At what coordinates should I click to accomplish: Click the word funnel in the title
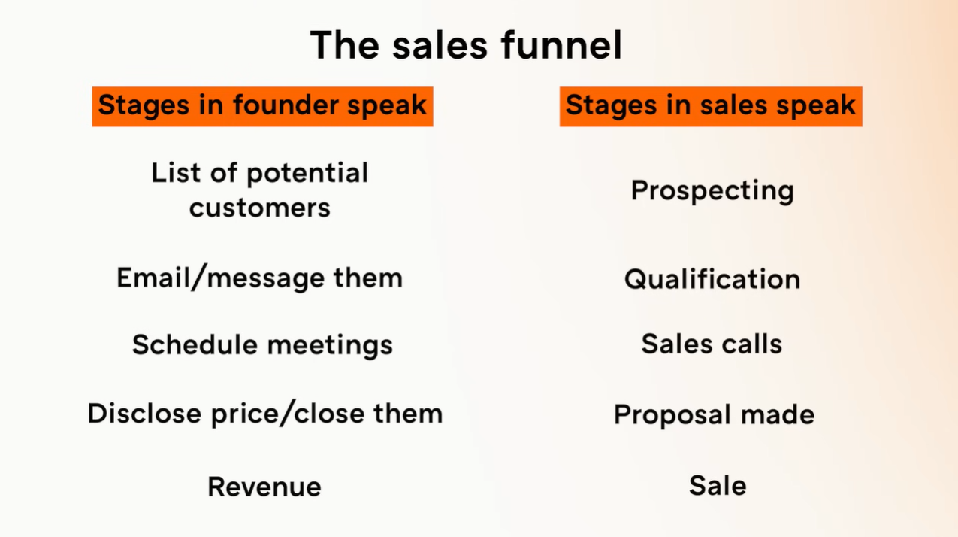coord(562,44)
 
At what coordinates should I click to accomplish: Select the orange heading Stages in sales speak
coord(711,106)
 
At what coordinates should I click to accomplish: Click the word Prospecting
coord(712,191)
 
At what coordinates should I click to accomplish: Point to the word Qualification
coord(712,278)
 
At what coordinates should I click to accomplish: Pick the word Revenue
coord(264,487)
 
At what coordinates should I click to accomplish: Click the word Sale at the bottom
coord(718,485)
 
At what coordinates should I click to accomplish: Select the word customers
coord(260,208)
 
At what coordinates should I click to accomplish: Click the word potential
coord(307,173)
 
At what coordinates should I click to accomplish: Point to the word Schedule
coord(195,344)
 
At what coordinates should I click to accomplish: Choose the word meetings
coord(330,346)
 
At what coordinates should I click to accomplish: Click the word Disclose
coord(144,413)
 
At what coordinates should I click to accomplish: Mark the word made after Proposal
coord(778,414)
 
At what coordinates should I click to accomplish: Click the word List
coord(176,172)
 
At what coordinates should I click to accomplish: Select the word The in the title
coord(345,44)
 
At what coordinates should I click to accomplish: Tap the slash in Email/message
coord(198,278)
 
